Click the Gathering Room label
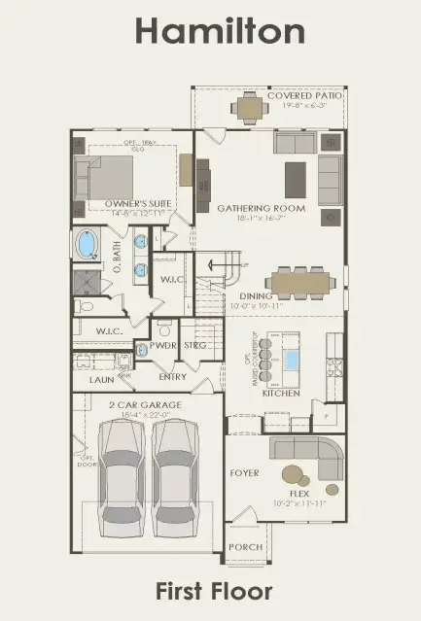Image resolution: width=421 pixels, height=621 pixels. point(261,208)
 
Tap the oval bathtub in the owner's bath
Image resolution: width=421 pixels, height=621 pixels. point(88,244)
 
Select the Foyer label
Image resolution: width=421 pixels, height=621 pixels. point(244,473)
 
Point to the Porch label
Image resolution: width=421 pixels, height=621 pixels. point(245,547)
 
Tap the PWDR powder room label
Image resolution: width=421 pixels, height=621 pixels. point(160,345)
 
